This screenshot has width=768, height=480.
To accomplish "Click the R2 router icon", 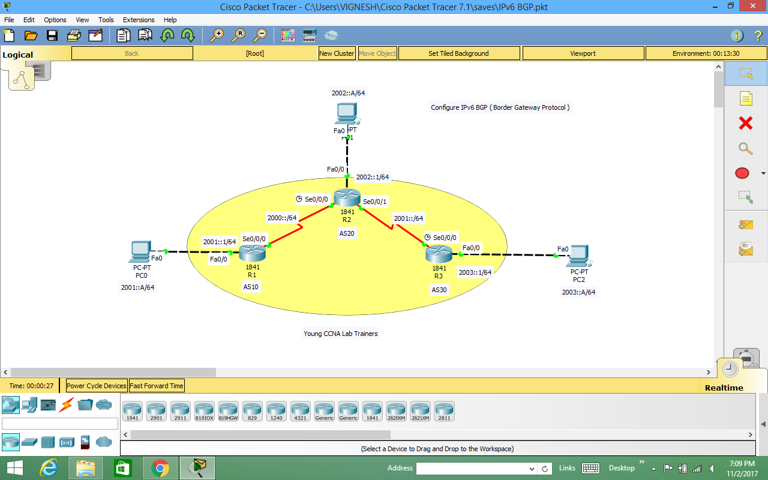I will [x=347, y=197].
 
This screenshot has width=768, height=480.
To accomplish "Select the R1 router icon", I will [x=252, y=253].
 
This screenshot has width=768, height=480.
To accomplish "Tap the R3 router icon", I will [x=439, y=254].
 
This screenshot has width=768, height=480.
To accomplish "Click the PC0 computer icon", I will [x=140, y=252].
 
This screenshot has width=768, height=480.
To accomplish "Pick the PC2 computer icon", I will [x=578, y=256].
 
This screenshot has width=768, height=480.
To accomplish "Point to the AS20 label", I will [x=347, y=233].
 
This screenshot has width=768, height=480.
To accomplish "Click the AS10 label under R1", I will [x=251, y=287].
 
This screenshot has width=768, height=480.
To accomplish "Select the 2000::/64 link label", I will [x=282, y=218].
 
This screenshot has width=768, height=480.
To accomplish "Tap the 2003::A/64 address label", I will [x=578, y=292].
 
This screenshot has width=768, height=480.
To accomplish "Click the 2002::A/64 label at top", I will [x=348, y=93].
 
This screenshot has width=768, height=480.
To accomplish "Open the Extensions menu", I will [x=139, y=20].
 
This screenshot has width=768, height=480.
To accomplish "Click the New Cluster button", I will [x=337, y=53].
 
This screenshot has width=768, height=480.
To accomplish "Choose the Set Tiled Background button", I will [x=458, y=53].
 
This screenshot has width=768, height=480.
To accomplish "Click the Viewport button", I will [x=583, y=53].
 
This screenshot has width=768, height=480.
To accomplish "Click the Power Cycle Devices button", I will [x=97, y=386].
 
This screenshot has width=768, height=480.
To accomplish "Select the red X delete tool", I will [x=746, y=123].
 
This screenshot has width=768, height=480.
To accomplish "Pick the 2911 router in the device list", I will [x=180, y=411].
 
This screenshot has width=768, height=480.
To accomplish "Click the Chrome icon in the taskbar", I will [x=160, y=468].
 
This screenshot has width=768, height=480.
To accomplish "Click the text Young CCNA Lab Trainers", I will [x=341, y=334].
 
